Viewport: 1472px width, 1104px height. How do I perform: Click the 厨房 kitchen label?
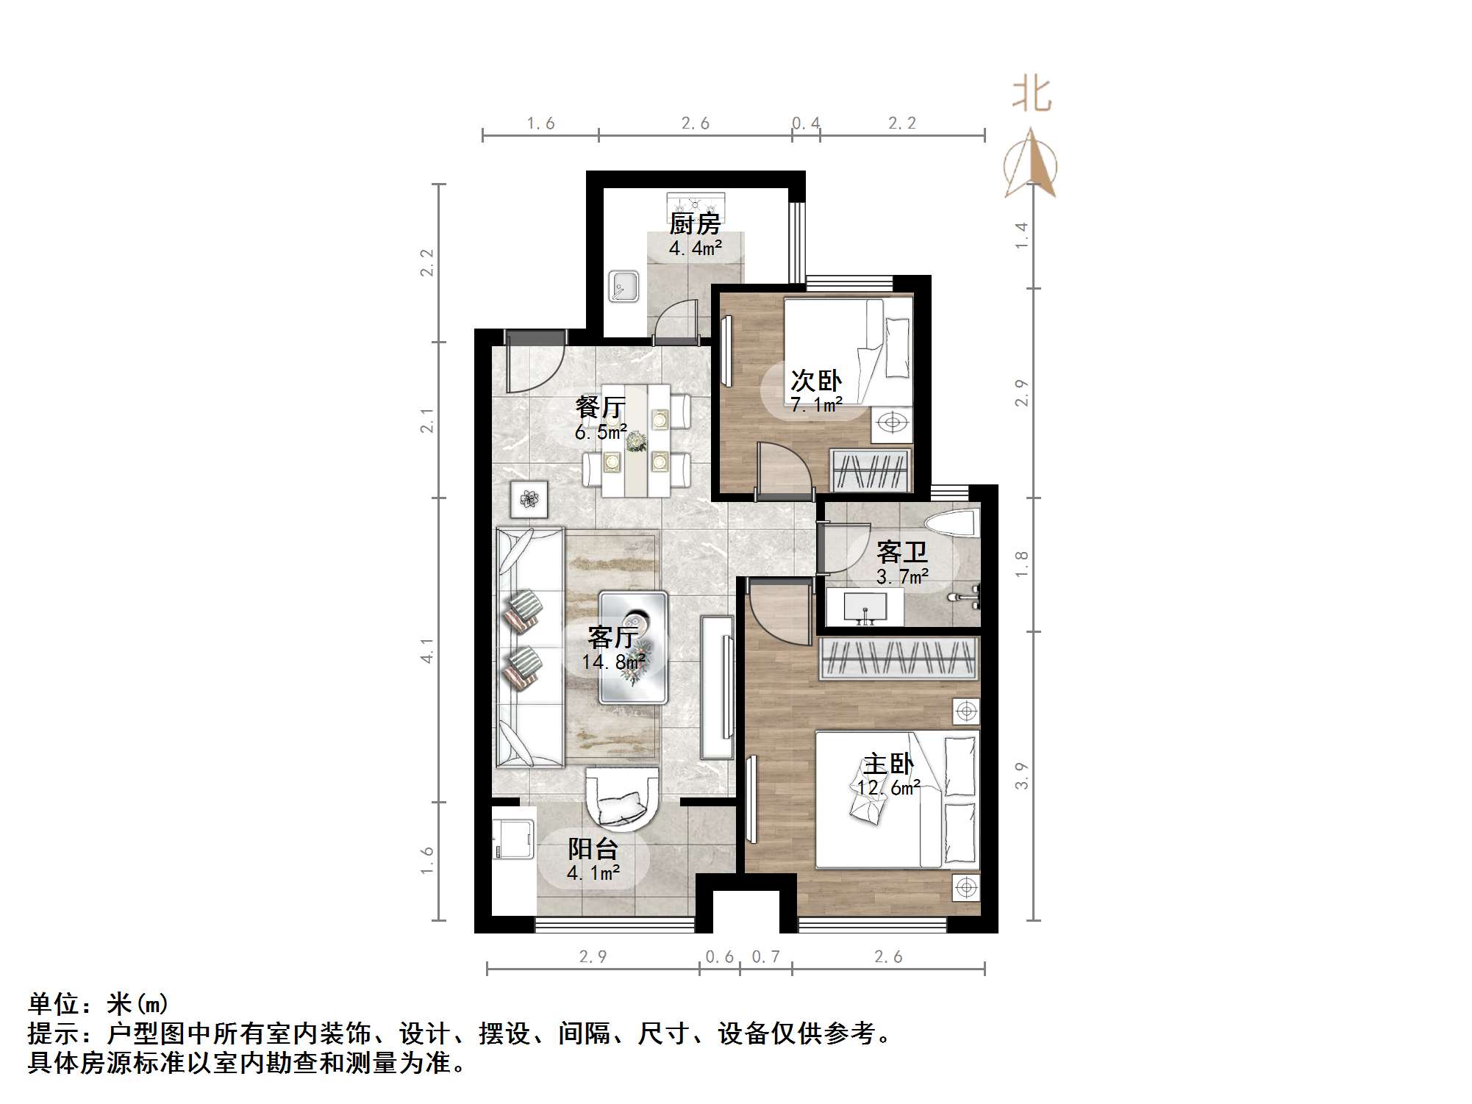694,223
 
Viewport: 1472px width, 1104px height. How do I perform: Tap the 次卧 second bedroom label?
815,381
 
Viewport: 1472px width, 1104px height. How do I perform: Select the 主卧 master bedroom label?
888,764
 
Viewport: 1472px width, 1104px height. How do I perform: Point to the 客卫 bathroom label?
901,551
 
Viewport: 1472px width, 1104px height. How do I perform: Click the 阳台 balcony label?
593,849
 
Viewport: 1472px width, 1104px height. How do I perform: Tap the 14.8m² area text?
613,662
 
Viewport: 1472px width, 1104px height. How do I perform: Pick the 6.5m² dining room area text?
601,431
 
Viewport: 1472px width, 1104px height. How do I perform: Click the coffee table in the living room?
633,647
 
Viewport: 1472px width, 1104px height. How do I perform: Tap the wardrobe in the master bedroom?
899,657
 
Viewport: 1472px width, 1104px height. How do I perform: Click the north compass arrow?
1031,165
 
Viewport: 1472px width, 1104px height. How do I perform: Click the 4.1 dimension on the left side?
427,650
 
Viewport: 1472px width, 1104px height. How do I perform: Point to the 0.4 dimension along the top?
806,123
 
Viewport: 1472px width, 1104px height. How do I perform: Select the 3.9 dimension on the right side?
1021,775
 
